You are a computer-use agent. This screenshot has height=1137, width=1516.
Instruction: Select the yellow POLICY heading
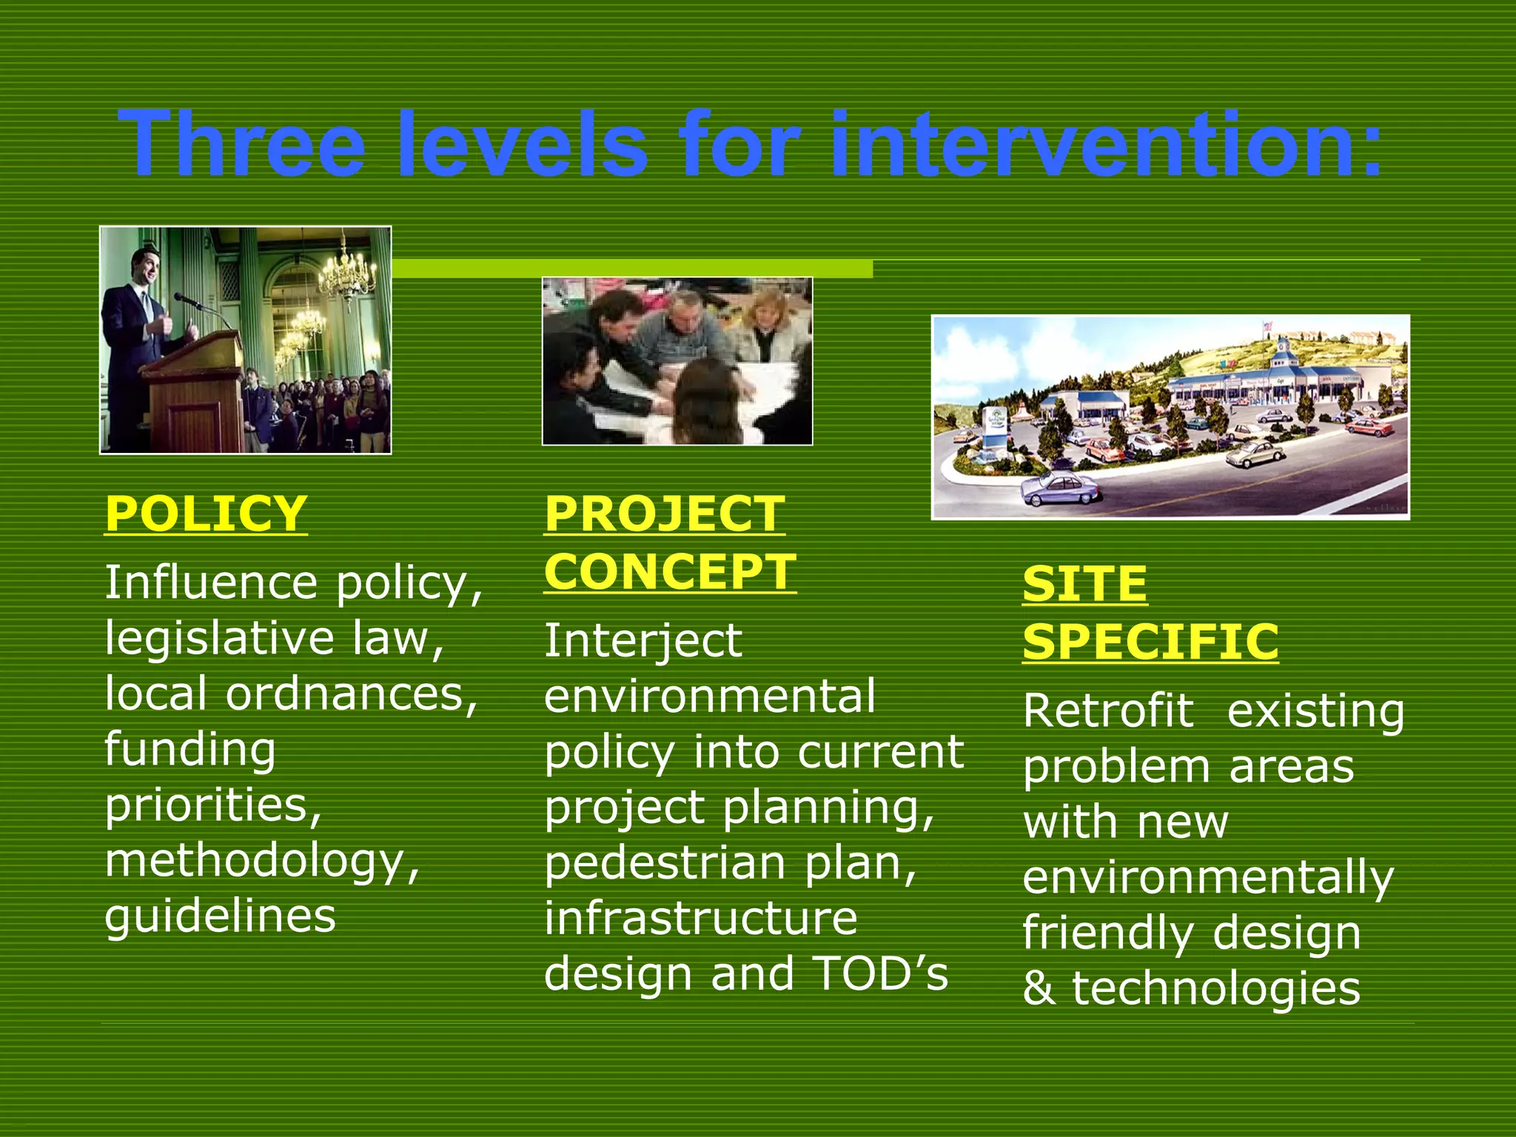(205, 512)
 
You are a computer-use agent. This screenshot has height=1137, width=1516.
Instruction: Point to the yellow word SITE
(1084, 584)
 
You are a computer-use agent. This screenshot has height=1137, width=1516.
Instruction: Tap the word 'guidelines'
(220, 916)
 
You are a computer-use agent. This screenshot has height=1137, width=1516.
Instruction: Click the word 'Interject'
(643, 640)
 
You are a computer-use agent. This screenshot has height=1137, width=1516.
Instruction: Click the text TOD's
(880, 973)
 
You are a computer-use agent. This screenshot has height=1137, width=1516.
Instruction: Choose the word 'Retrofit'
(1107, 711)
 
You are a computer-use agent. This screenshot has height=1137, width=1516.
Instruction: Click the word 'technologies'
(1216, 989)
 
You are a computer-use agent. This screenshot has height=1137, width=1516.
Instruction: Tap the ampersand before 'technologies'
(1039, 989)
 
